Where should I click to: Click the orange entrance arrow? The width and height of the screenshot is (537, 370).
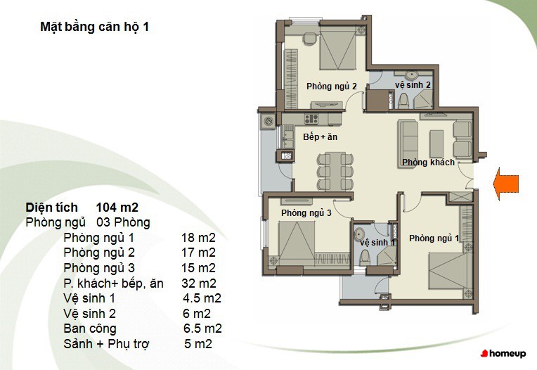[506, 184]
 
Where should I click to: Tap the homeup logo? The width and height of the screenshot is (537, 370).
[503, 353]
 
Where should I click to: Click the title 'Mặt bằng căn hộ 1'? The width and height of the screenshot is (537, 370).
[94, 27]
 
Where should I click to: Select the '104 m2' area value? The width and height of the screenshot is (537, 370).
[117, 208]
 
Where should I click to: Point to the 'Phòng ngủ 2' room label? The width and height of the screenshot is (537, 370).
[332, 87]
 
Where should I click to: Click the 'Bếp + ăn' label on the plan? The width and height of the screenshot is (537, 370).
[321, 137]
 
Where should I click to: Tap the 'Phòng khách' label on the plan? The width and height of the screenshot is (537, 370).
[429, 162]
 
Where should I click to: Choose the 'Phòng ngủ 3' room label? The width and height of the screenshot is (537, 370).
[306, 213]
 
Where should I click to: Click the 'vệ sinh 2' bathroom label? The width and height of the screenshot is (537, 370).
[413, 85]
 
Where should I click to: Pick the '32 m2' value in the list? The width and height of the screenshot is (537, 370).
[199, 283]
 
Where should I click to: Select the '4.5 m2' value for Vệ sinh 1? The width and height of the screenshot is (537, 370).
[202, 298]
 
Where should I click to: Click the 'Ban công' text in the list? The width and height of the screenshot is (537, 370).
[90, 328]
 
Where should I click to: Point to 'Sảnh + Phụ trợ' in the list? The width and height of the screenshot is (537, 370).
[107, 343]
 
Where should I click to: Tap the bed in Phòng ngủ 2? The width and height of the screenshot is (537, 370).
[338, 49]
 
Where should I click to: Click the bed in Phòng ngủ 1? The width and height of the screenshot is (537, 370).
[446, 276]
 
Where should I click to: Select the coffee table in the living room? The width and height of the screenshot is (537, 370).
[436, 143]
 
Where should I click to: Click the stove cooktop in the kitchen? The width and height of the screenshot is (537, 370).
[311, 119]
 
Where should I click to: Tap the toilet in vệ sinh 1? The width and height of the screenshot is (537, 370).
[365, 257]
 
